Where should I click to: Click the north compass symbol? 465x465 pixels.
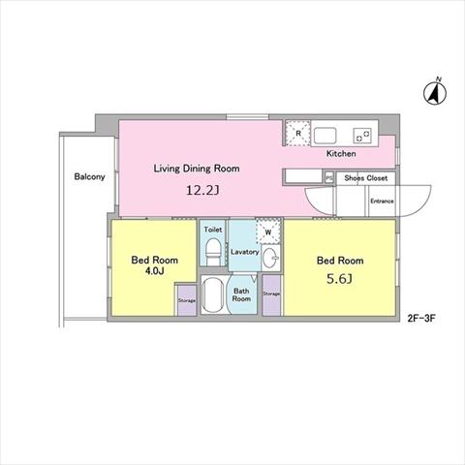click(435, 92)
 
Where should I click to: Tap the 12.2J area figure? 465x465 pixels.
click(202, 190)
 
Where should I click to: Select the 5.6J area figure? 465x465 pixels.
click(339, 279)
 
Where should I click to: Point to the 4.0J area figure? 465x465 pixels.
click(154, 271)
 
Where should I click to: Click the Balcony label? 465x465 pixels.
click(89, 176)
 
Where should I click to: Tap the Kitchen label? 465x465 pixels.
click(341, 153)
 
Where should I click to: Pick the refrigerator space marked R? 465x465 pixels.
click(297, 133)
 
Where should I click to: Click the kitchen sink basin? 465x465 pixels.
click(325, 136)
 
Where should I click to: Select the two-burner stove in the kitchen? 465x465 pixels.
click(362, 136)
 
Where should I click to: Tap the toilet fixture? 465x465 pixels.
click(212, 252)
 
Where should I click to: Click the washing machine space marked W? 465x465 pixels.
click(268, 232)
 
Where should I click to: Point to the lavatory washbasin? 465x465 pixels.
click(270, 258)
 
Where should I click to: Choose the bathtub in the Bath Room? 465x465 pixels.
click(212, 294)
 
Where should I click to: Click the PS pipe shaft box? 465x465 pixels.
click(329, 178)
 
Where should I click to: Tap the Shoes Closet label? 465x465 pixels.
click(365, 178)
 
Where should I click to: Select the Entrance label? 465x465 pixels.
click(382, 201)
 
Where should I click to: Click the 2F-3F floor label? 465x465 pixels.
click(421, 319)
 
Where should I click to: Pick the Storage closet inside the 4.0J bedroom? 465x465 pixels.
click(187, 300)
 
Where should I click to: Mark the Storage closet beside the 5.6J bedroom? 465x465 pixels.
click(271, 294)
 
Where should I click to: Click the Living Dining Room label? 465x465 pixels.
click(197, 169)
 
